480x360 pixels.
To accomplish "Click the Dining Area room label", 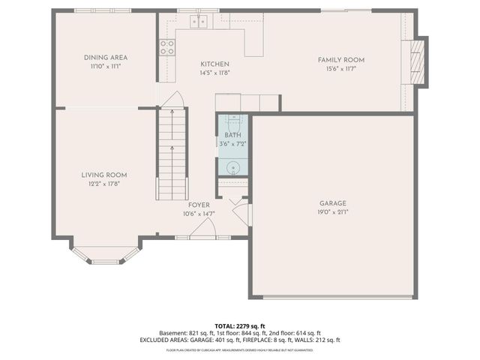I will (105, 57).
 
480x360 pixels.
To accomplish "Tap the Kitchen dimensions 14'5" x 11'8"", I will (214, 73).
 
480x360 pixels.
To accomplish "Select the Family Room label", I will (340, 59).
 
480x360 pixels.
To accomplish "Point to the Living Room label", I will (105, 175).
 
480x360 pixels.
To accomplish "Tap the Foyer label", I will (199, 205).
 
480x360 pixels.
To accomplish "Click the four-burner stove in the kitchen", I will (166, 48).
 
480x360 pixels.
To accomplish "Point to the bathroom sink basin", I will (232, 167).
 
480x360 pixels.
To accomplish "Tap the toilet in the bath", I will (232, 120).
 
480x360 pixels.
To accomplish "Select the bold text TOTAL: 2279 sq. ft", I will (239, 326).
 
